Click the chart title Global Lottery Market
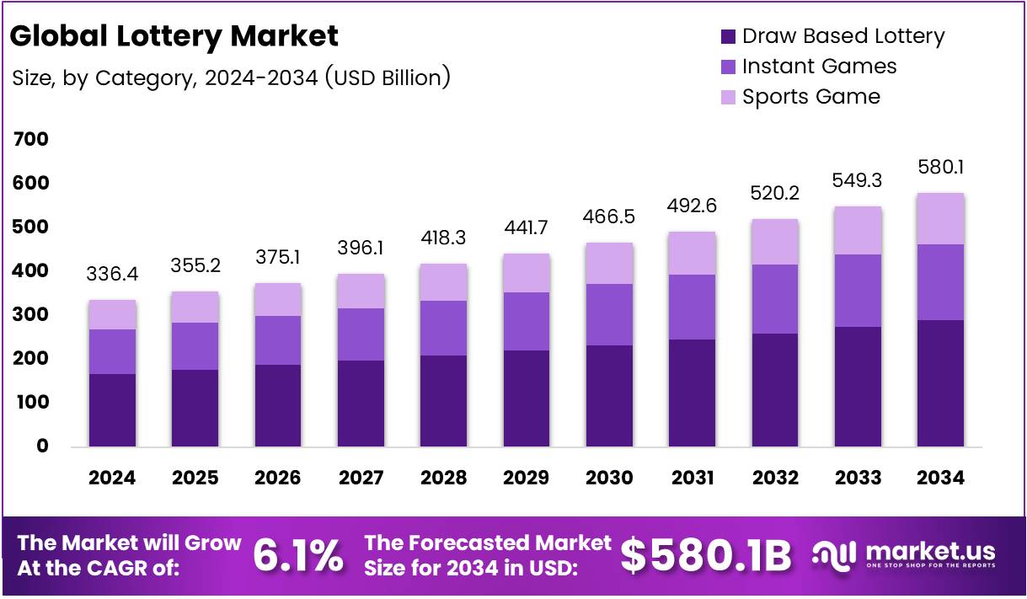pyautogui.click(x=174, y=36)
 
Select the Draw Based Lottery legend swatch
pyautogui.click(x=728, y=37)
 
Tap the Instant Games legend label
pyautogui.click(x=819, y=67)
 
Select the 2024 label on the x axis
pyautogui.click(x=112, y=478)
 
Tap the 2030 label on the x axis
pyautogui.click(x=609, y=478)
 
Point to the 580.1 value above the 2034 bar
pyautogui.click(x=940, y=168)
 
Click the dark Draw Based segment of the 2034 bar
pyautogui.click(x=940, y=383)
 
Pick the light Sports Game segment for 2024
pyautogui.click(x=112, y=314)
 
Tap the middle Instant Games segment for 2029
pyautogui.click(x=527, y=321)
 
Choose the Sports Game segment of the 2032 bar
pyautogui.click(x=775, y=242)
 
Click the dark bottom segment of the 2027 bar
pyautogui.click(x=361, y=404)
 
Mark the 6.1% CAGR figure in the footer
pyautogui.click(x=298, y=555)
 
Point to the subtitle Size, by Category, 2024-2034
pyautogui.click(x=231, y=78)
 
